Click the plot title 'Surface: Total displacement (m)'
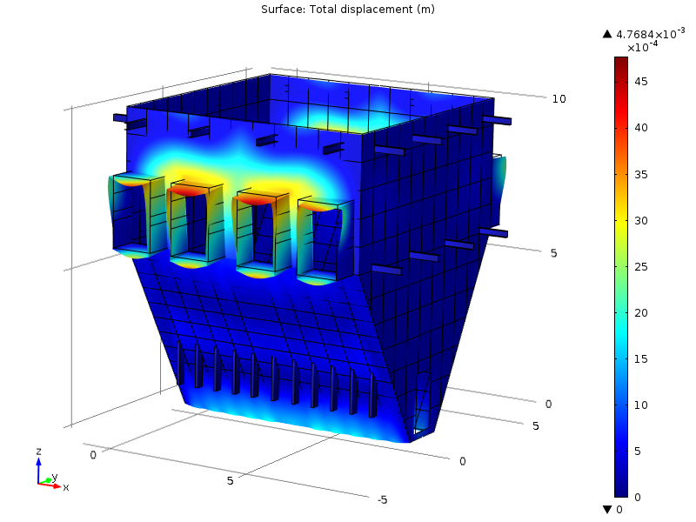click(347, 10)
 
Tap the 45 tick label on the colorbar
click(641, 82)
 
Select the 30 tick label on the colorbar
click(641, 221)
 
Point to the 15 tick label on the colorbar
click(641, 359)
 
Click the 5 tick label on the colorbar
click(638, 452)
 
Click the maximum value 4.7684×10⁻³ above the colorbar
click(650, 34)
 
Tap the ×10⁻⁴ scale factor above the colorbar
click(642, 47)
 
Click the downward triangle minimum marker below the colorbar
click(607, 509)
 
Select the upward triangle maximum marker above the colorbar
click(607, 34)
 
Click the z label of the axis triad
click(38, 452)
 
